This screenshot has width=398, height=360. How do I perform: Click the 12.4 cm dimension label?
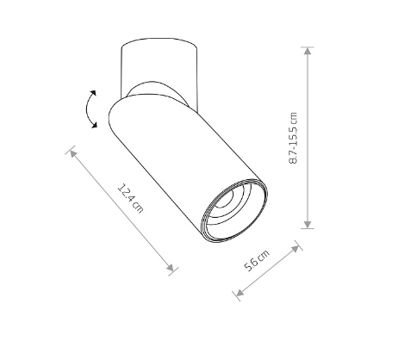130,199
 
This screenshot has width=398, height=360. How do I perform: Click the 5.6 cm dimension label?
257,260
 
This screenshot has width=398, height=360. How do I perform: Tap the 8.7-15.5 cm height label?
293,138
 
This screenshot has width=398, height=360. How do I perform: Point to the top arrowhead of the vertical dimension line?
308,51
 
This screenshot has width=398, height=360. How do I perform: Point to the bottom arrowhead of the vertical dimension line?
308,224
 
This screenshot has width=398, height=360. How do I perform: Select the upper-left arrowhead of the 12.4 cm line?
73,153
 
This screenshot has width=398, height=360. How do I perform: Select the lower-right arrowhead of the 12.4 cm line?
171,268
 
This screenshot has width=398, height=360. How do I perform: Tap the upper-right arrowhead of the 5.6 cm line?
295,249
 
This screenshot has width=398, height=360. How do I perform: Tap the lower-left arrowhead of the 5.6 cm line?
239,293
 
